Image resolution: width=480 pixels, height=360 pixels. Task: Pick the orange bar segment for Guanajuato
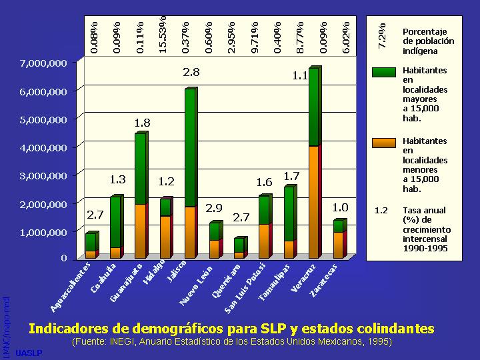pyautogui.click(x=140, y=231)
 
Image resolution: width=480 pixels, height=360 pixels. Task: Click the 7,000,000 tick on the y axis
pyautogui.click(x=43, y=63)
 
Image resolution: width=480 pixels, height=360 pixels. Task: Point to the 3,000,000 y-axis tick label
pyautogui.click(x=43, y=175)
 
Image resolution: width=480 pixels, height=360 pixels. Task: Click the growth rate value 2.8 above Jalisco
pyautogui.click(x=191, y=71)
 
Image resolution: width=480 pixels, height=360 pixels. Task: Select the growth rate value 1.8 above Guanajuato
pyautogui.click(x=142, y=123)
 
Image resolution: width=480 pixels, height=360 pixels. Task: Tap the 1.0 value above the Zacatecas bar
pyautogui.click(x=340, y=208)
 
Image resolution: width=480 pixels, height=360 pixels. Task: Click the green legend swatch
pyautogui.click(x=384, y=71)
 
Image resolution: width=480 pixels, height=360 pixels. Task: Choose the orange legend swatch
pyautogui.click(x=384, y=141)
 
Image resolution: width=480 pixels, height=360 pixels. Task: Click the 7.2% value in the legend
pyautogui.click(x=382, y=37)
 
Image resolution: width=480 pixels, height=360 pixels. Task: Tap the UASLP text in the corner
pyautogui.click(x=28, y=351)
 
